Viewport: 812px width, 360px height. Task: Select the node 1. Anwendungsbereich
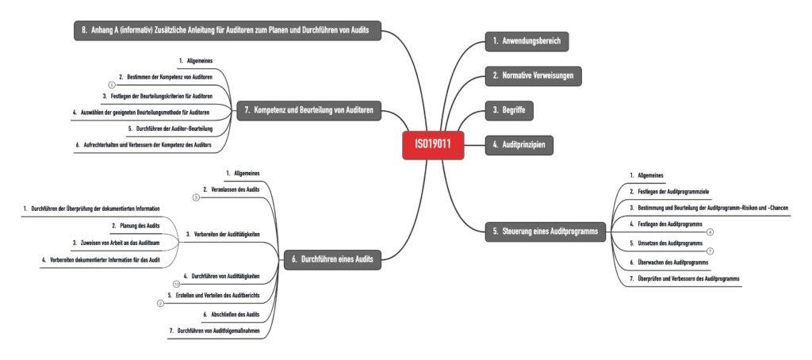click(x=527, y=40)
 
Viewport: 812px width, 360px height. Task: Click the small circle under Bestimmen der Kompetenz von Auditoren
click(x=112, y=84)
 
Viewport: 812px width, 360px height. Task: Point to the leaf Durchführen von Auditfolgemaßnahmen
click(x=215, y=330)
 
